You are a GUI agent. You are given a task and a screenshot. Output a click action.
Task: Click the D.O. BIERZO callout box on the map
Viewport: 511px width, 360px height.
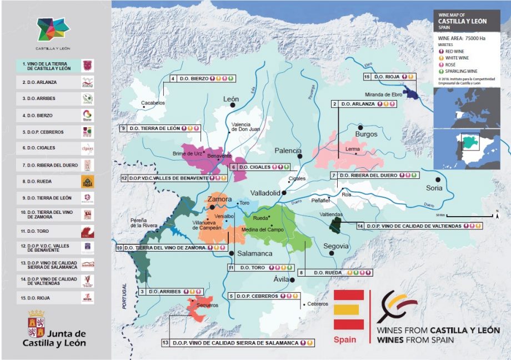pyautogui.click(x=203, y=79)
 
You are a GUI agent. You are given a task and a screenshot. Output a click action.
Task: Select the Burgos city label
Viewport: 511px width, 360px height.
pyautogui.click(x=366, y=134)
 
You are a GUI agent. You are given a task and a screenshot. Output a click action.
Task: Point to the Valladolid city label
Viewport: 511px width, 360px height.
pyautogui.click(x=265, y=193)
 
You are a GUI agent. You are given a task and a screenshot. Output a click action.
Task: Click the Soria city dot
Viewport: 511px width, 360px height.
pyautogui.click(x=438, y=179)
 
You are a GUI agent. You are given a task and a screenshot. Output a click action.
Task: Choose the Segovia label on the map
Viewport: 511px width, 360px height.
pyautogui.click(x=336, y=246)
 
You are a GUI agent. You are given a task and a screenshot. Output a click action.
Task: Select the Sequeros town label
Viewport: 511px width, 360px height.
pyautogui.click(x=207, y=305)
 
